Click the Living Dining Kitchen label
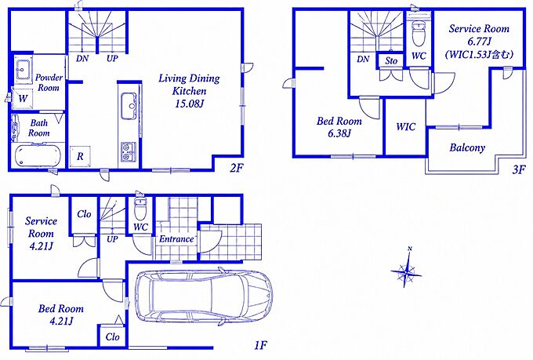189,91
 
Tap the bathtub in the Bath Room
38,155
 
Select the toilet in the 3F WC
419,33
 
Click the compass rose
407,270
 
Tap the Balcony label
467,147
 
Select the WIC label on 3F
405,127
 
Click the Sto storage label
391,61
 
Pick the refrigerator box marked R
80,156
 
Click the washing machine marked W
23,98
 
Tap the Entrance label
176,239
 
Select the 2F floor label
237,167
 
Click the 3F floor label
519,169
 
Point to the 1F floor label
260,345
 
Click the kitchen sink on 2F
129,106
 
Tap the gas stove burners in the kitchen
129,151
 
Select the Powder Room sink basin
23,70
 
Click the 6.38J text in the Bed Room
339,133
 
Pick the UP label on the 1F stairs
112,239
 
